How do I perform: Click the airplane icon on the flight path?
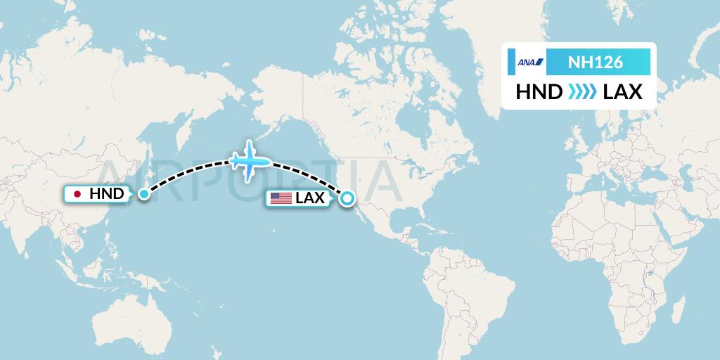pyautogui.click(x=250, y=161)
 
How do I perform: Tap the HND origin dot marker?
pyautogui.click(x=143, y=193)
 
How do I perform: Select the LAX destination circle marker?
pyautogui.click(x=347, y=199)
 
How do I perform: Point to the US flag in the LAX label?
pyautogui.click(x=281, y=199)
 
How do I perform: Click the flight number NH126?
pyautogui.click(x=595, y=62)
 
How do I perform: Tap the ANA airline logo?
pyautogui.click(x=530, y=62)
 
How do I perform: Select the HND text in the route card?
pyautogui.click(x=539, y=92)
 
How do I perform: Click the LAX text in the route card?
pyautogui.click(x=623, y=92)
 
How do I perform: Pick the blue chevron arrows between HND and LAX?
pyautogui.click(x=581, y=92)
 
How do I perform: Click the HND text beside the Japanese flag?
pyautogui.click(x=107, y=194)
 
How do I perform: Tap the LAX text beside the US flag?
pyautogui.click(x=310, y=199)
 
